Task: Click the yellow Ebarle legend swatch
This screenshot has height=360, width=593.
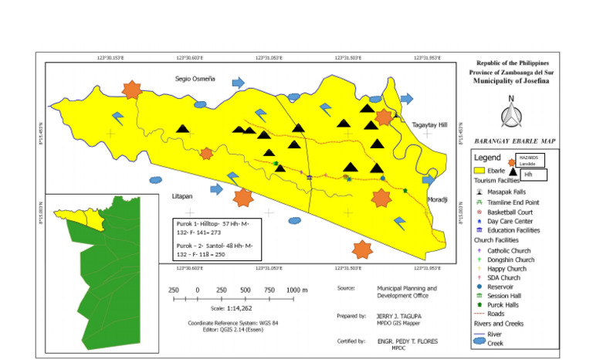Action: coord(479,170)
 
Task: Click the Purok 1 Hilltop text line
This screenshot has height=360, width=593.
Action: coord(217,229)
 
